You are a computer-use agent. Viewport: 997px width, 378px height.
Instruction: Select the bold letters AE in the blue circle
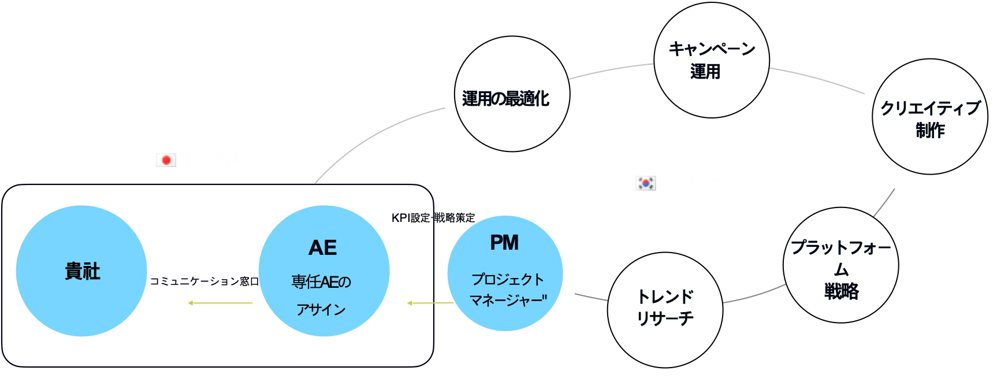point(322,247)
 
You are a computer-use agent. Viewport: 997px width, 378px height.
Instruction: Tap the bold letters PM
point(504,243)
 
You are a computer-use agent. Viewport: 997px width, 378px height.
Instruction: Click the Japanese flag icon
point(166,160)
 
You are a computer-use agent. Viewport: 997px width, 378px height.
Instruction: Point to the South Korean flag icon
point(645,183)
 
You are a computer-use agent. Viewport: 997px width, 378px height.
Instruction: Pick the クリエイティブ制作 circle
point(929,117)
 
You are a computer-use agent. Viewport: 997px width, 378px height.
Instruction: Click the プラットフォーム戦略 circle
point(840,266)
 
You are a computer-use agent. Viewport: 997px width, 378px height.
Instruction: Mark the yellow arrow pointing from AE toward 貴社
point(220,303)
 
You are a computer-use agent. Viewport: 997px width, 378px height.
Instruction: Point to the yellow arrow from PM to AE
point(430,303)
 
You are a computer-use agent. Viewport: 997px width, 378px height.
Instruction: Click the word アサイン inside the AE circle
point(321,309)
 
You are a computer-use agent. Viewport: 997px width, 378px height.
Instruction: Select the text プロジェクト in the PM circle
point(508,280)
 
